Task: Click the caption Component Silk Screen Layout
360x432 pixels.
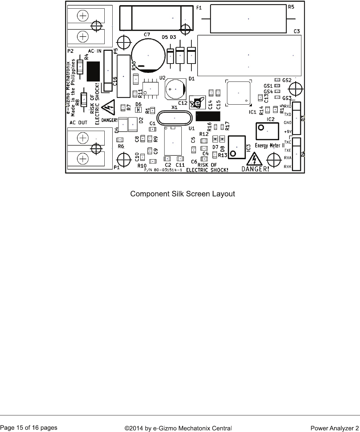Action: coord(182,194)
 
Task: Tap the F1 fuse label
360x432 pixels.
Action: coord(199,8)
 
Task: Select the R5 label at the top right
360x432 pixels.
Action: coord(291,7)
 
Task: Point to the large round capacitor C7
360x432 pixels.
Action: coord(148,55)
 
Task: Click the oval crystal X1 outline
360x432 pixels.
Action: coord(174,118)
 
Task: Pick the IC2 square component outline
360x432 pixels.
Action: coord(267,131)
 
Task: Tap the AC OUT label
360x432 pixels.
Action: coord(78,123)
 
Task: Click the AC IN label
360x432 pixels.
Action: coord(95,51)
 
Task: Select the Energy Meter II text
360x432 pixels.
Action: coord(269,145)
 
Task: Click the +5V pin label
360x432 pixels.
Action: coord(287,132)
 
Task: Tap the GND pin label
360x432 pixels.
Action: coord(287,123)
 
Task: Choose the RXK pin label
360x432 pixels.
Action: coord(287,167)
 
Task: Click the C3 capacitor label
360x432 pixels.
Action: coord(297,31)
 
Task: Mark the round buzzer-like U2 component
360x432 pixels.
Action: coord(176,89)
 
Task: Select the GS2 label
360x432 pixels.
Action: coord(287,80)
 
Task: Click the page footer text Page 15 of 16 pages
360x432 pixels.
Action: coord(29,428)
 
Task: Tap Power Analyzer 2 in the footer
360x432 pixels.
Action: coord(334,429)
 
